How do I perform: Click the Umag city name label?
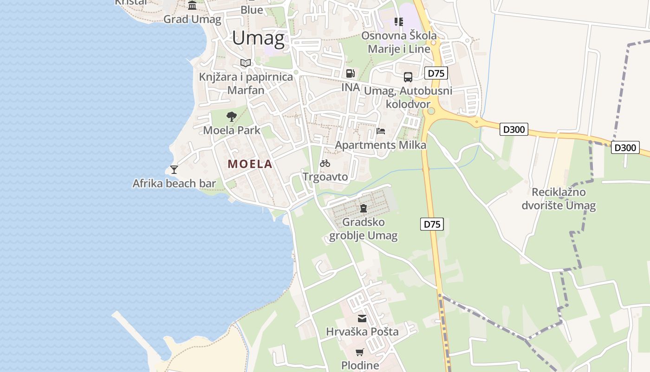click(x=258, y=38)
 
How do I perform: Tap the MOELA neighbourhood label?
click(x=250, y=164)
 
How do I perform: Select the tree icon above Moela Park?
click(x=231, y=117)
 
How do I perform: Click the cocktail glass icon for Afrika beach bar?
click(x=174, y=170)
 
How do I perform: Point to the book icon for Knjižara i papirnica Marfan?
click(x=246, y=63)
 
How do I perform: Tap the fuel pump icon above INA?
click(x=351, y=73)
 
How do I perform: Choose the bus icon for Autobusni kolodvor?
click(x=408, y=77)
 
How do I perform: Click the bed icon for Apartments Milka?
click(x=381, y=131)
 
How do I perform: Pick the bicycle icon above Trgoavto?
click(x=325, y=163)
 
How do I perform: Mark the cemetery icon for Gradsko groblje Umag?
click(x=364, y=208)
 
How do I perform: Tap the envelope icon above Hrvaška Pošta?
click(x=362, y=319)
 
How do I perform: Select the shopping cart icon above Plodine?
click(x=360, y=352)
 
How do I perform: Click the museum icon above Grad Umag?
click(x=192, y=5)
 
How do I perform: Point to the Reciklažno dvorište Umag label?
click(x=558, y=199)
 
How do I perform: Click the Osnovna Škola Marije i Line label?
click(x=399, y=42)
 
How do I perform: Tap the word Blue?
click(x=252, y=10)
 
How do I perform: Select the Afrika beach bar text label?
click(x=174, y=183)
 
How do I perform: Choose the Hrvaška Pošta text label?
click(x=362, y=332)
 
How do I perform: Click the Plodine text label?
click(x=360, y=365)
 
